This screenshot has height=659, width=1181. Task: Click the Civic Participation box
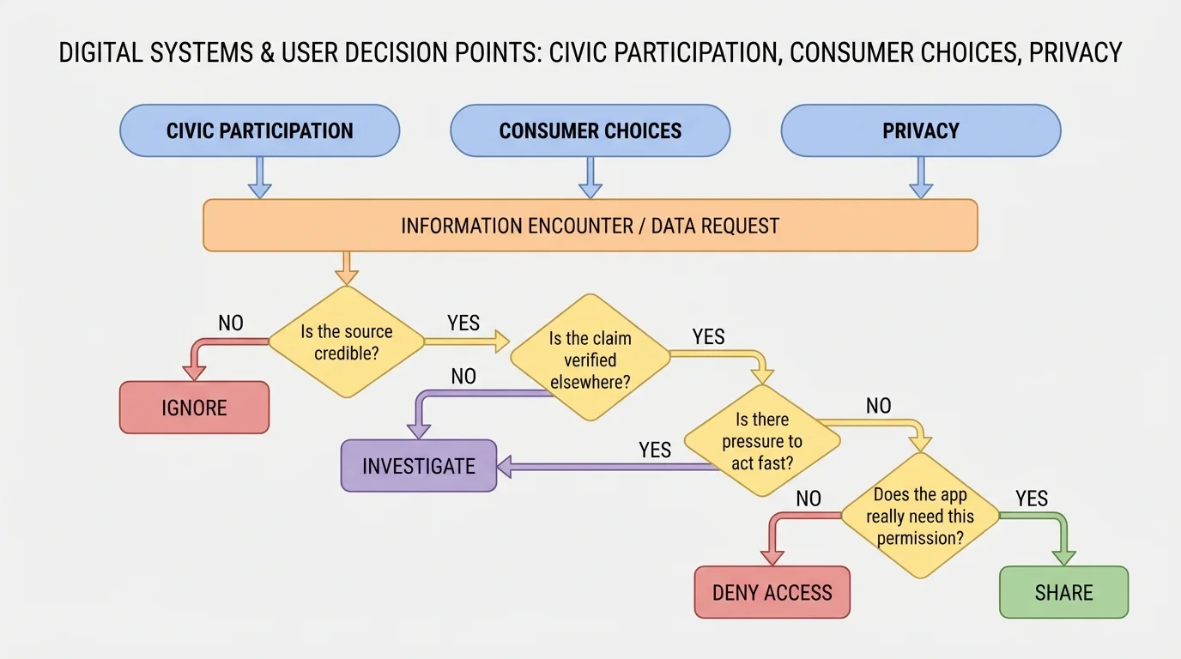tap(259, 130)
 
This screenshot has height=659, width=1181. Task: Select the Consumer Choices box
tap(590, 130)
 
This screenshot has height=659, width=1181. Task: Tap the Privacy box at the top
tap(920, 130)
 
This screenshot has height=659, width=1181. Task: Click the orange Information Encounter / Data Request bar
tap(590, 226)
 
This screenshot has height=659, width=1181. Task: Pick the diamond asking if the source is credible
tap(347, 342)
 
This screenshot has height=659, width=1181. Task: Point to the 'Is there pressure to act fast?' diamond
tap(762, 441)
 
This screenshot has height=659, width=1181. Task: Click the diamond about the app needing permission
tap(920, 517)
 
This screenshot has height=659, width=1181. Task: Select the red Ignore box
tap(194, 408)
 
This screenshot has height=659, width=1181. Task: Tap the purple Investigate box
tap(419, 466)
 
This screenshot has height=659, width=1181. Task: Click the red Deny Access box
tap(772, 592)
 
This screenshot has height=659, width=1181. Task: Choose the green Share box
tap(1063, 592)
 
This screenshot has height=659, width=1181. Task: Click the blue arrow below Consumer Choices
tap(590, 178)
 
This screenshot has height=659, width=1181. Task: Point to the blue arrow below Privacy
tap(920, 178)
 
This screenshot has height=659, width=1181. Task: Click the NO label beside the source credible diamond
tap(231, 323)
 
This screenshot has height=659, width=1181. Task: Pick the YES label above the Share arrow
tap(1032, 499)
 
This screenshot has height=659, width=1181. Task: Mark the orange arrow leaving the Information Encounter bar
tap(345, 268)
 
